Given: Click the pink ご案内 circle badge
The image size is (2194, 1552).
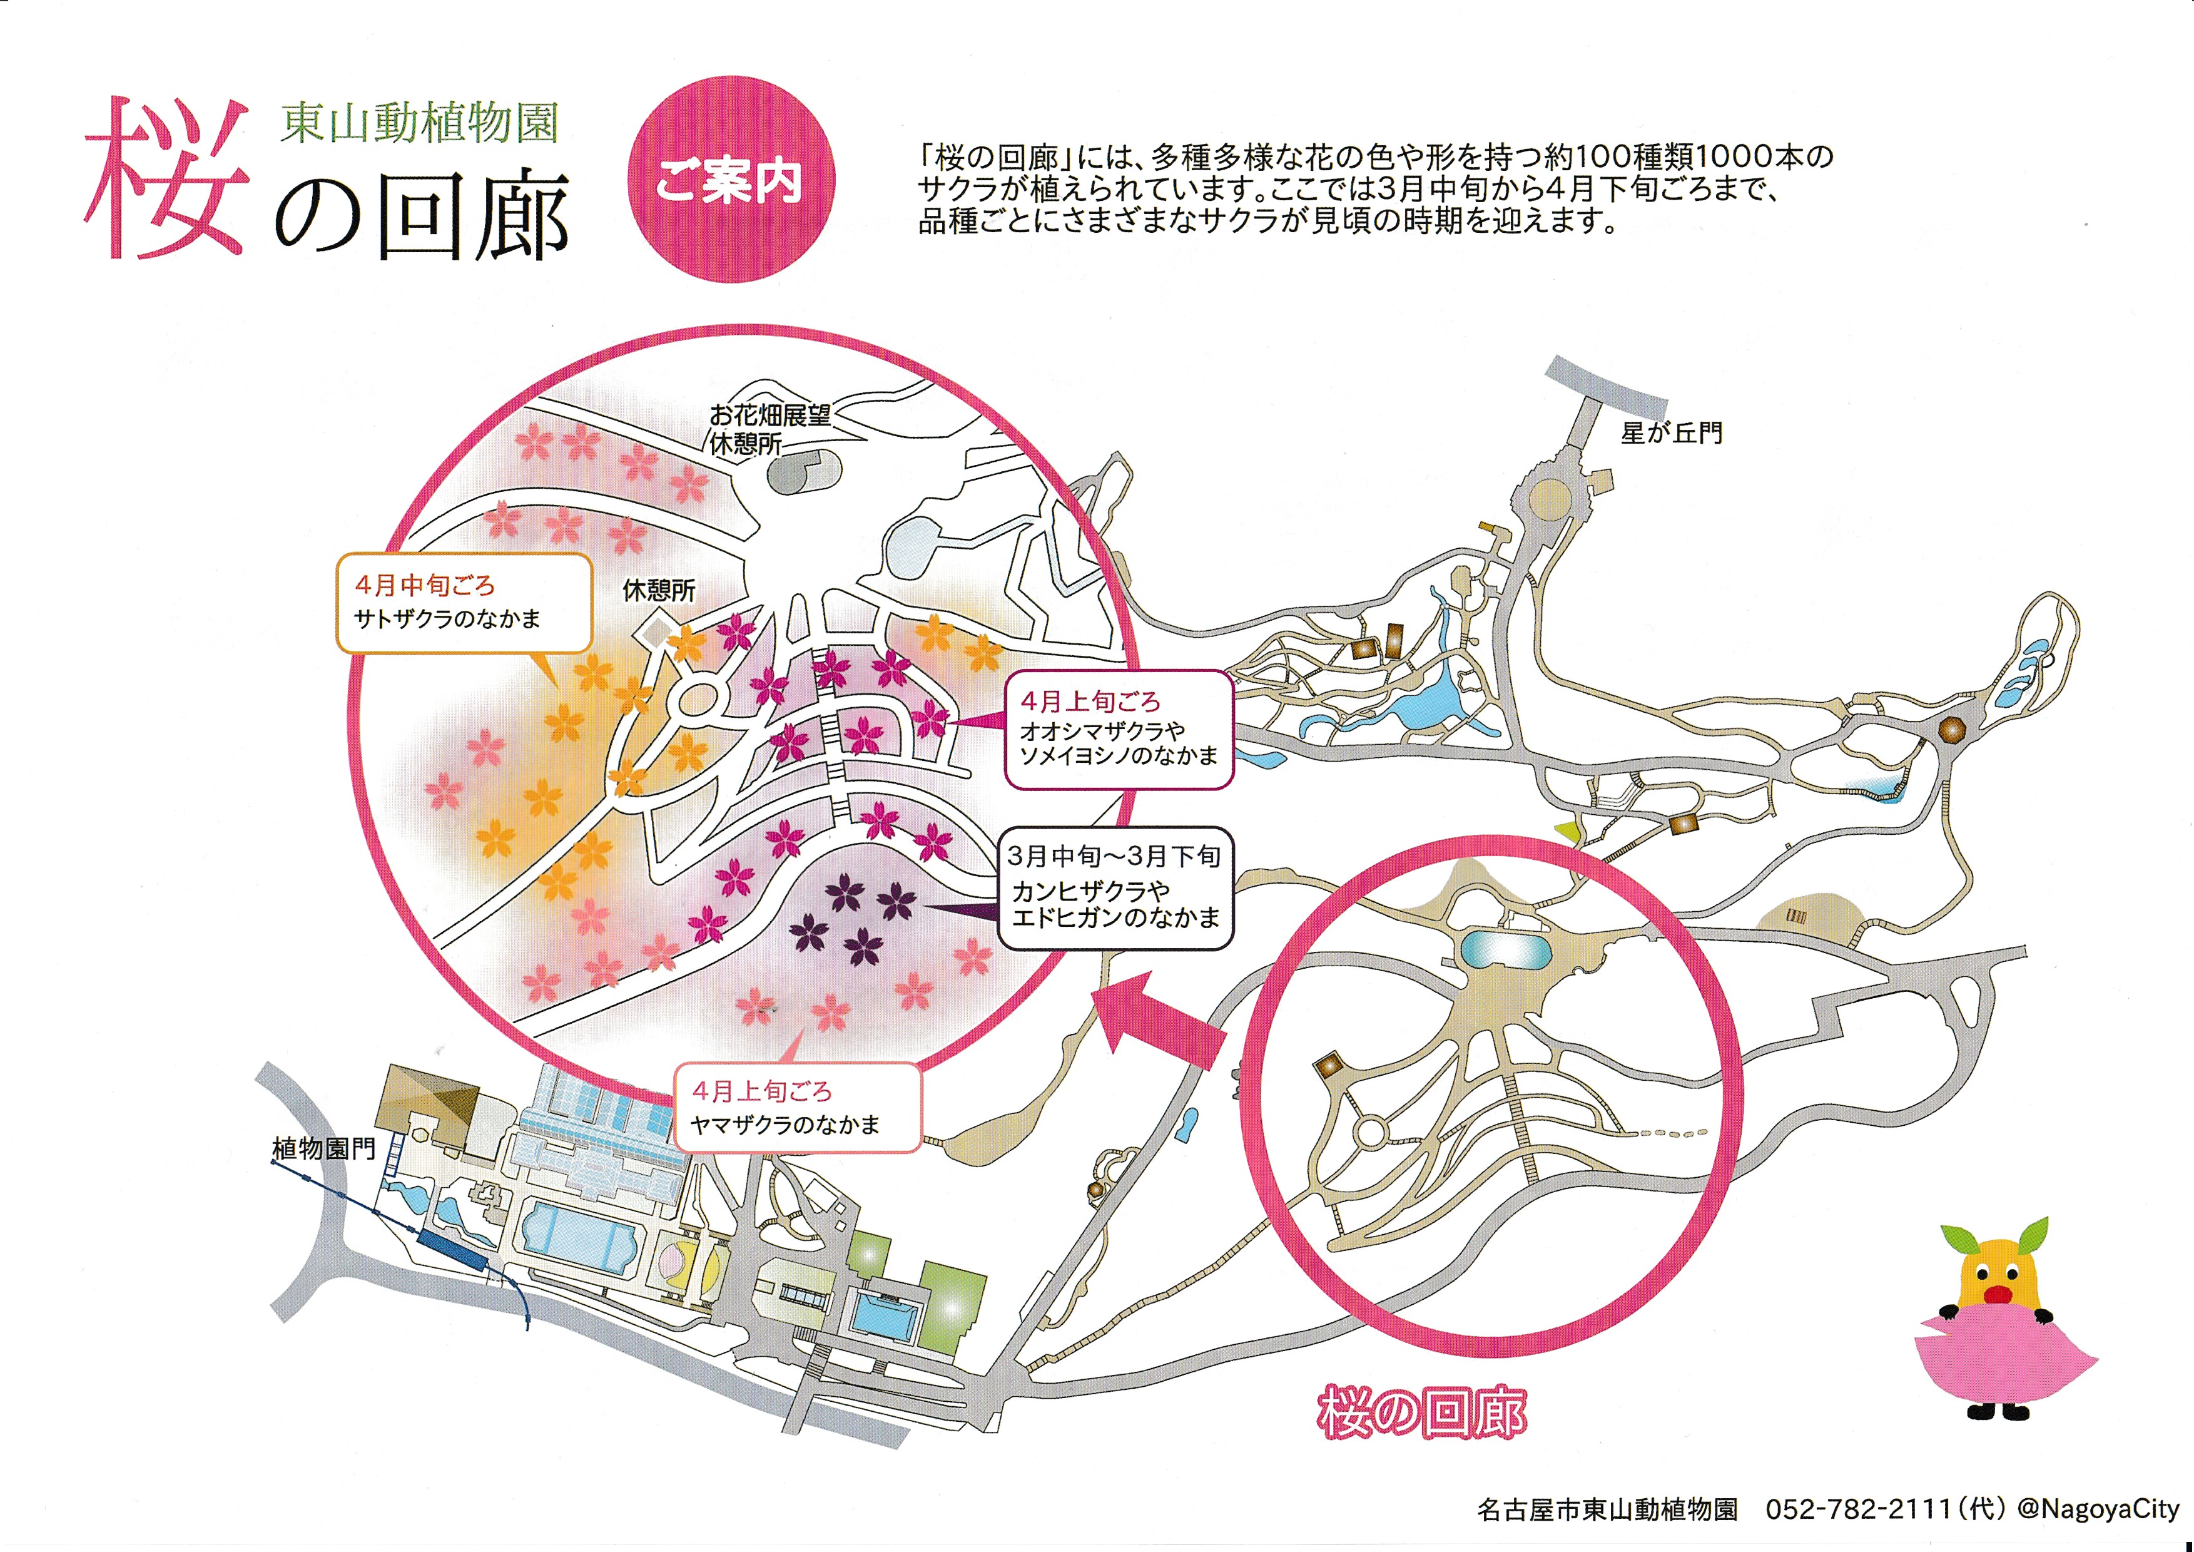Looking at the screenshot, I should [731, 179].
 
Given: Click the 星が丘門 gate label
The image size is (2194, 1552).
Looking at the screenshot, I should [1671, 433].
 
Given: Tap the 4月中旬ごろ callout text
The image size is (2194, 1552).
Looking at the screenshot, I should [425, 585].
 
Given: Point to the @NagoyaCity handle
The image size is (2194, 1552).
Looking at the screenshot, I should [2098, 1509].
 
